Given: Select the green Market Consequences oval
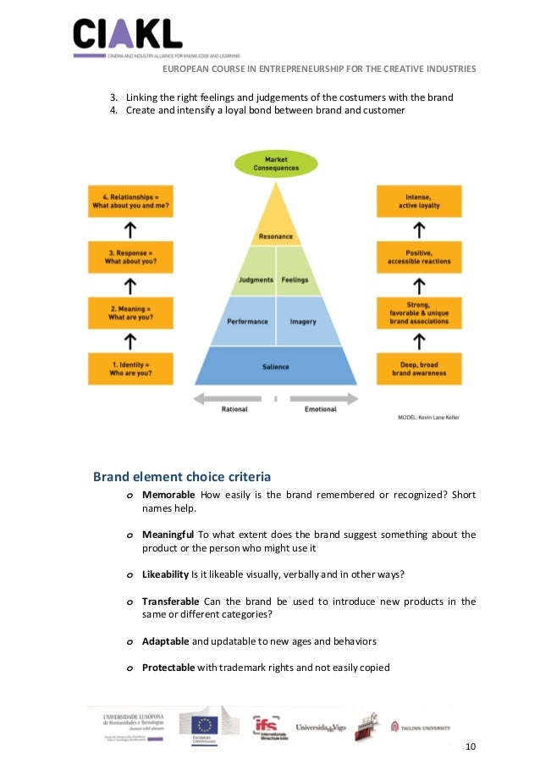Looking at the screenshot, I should pos(276,164).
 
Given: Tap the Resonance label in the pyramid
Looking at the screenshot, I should pos(276,236).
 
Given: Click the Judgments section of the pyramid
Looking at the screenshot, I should pos(256,280).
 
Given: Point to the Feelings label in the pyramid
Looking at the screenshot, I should pos(295,280).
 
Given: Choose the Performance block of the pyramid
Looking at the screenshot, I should pos(247,322).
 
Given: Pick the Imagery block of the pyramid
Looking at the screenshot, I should pos(303,322).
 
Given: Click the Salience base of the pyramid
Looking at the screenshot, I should pos(276,367).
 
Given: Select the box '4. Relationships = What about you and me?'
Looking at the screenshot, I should pos(130,201).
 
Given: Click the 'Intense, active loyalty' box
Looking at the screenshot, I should pos(419,201).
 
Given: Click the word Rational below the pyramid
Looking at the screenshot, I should pos(234,409).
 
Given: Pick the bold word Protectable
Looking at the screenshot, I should pos(168,668).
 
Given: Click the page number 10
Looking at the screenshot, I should pos(471,746).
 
